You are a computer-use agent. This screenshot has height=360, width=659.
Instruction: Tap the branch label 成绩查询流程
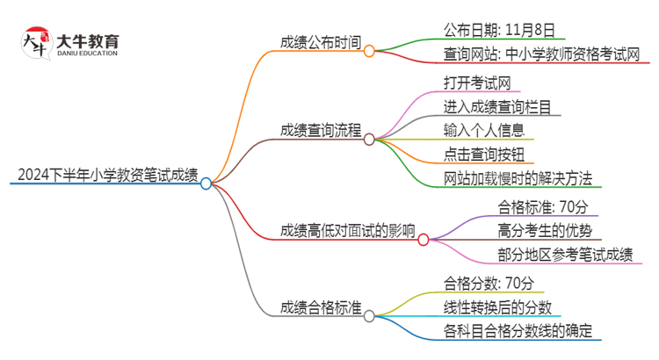[321, 130]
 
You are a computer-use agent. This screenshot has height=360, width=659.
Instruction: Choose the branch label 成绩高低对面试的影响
[347, 230]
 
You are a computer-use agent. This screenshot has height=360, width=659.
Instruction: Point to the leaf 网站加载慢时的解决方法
[518, 177]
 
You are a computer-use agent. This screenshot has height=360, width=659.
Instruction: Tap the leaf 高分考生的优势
[530, 231]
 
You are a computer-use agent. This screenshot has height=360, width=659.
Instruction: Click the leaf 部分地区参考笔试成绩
[552, 255]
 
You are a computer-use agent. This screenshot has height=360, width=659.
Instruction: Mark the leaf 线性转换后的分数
[498, 306]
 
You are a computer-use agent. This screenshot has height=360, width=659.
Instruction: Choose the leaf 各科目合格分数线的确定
[518, 330]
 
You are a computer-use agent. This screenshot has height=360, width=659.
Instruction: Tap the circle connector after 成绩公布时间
[370, 51]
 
